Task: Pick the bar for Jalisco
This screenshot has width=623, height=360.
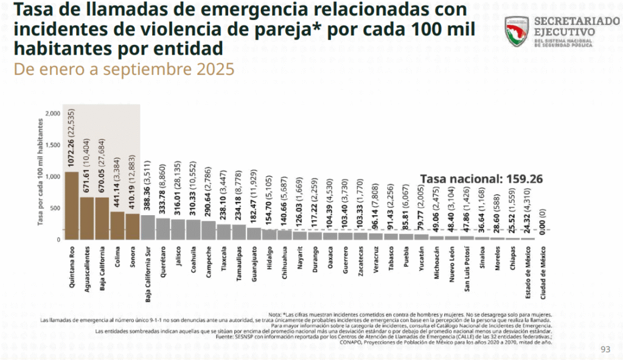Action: (x=178, y=229)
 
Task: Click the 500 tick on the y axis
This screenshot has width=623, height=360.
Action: (x=55, y=208)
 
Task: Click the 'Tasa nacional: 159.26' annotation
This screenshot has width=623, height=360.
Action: (x=481, y=179)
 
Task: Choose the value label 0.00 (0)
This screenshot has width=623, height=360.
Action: (x=543, y=222)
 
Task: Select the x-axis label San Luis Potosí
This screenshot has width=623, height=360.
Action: (x=467, y=268)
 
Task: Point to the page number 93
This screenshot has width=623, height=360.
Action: (x=605, y=349)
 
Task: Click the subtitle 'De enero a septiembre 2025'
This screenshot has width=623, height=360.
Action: (x=124, y=69)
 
